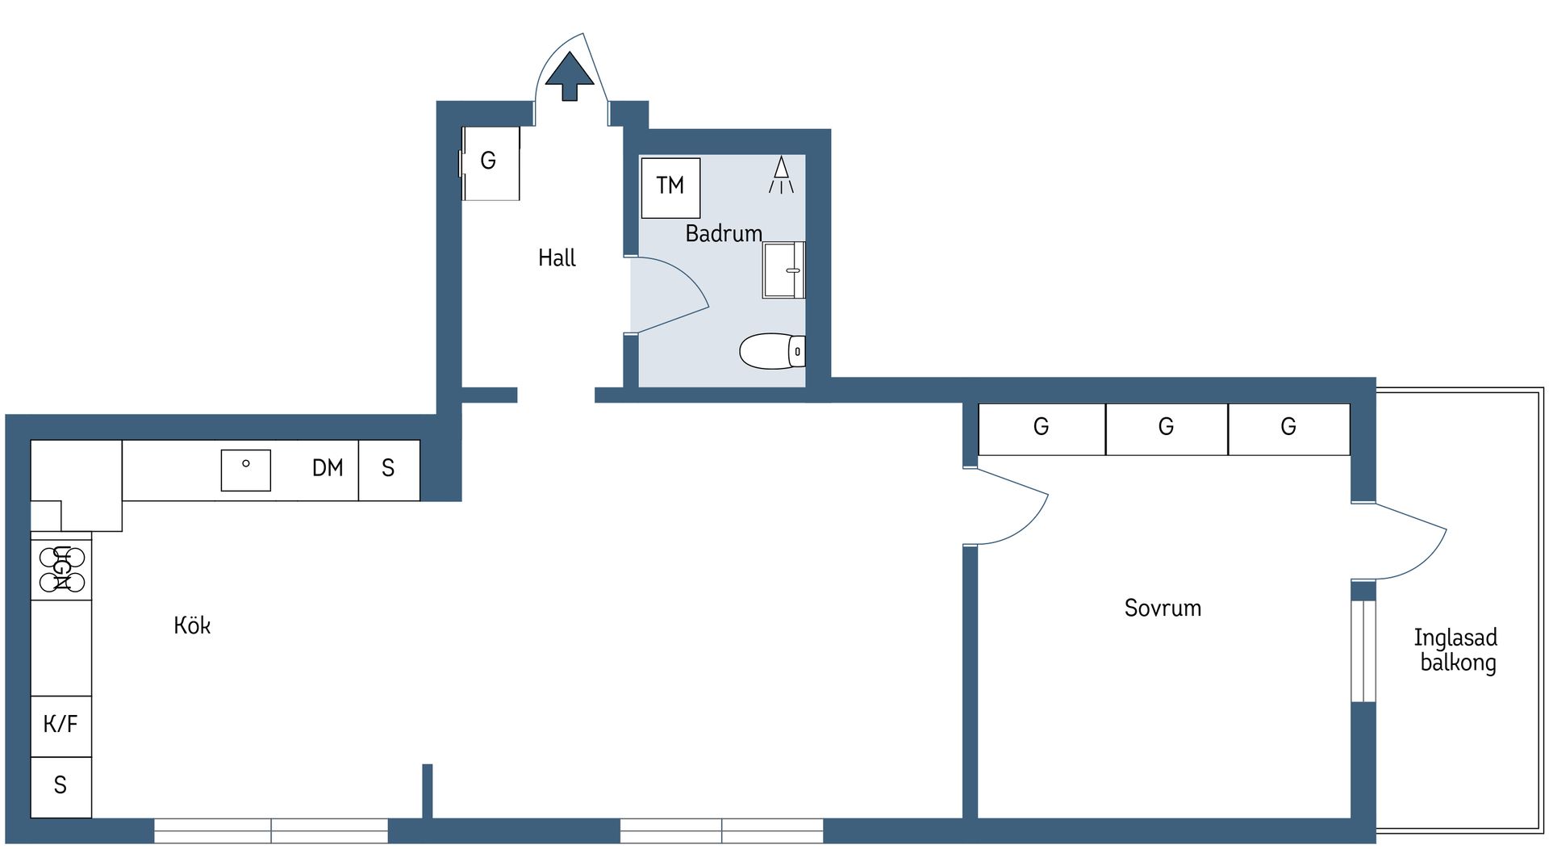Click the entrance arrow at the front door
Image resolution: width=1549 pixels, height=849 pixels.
(570, 75)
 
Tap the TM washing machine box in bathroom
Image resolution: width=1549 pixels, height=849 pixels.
(670, 187)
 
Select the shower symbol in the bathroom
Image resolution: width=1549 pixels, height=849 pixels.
(781, 175)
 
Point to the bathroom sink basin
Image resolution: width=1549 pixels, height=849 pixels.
(783, 270)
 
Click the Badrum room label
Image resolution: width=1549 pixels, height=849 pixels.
(724, 234)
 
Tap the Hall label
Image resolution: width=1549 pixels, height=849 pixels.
(557, 258)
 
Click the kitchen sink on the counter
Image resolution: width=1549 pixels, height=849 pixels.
(246, 470)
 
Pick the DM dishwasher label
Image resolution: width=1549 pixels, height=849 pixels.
(328, 468)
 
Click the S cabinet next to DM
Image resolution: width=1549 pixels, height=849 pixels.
(389, 469)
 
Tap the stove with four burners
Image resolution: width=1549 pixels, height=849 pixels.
(61, 569)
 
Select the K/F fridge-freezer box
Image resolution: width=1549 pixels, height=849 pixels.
(61, 725)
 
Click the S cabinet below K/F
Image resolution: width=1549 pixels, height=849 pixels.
(61, 786)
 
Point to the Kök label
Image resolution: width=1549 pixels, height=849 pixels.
(192, 625)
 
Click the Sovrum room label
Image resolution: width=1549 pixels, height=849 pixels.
(1163, 609)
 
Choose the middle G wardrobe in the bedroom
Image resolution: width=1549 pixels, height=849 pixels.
(1166, 429)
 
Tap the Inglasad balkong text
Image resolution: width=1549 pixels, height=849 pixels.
(1456, 650)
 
